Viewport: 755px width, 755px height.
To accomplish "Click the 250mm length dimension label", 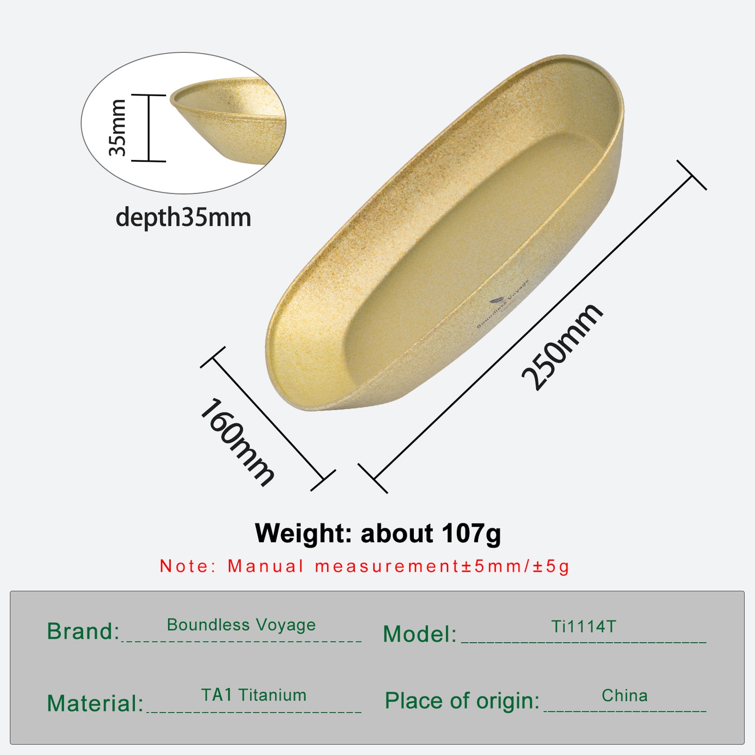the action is click(562, 347).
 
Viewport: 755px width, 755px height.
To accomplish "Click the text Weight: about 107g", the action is click(378, 533).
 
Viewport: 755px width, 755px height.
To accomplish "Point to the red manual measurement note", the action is click(364, 566).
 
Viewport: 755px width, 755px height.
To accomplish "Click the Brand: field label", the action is click(83, 631).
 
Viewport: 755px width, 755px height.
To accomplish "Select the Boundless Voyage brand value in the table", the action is click(241, 624).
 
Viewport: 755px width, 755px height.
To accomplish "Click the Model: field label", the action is click(420, 634).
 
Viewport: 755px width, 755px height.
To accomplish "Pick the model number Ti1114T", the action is click(584, 626).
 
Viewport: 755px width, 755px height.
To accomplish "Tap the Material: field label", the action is click(95, 703).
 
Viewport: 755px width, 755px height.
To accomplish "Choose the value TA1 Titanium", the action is click(254, 695).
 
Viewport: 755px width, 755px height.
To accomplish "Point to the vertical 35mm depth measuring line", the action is click(148, 127).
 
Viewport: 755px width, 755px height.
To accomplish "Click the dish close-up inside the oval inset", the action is click(227, 118).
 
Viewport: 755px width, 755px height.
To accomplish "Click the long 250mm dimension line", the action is click(532, 327).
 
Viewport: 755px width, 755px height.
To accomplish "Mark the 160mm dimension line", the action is click(268, 419).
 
